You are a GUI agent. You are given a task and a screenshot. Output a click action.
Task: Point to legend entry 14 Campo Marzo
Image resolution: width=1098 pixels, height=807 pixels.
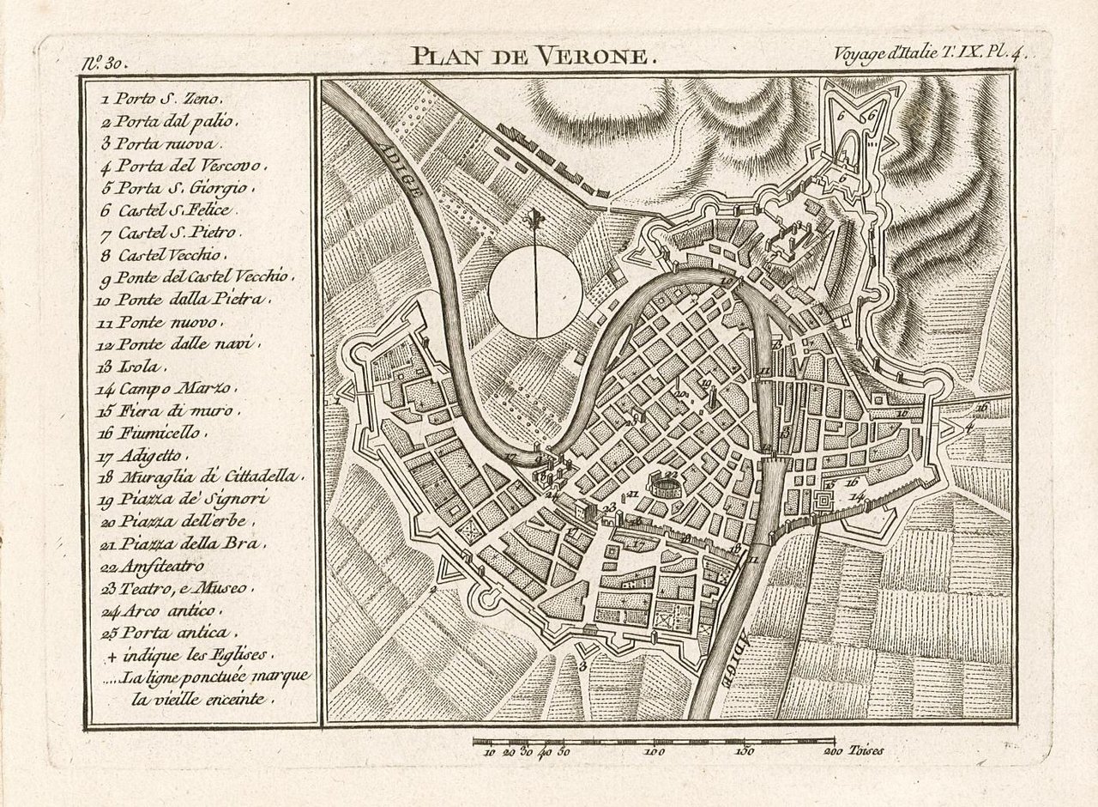[167, 388]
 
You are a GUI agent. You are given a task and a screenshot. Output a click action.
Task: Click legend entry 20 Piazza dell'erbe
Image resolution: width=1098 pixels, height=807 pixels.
[176, 521]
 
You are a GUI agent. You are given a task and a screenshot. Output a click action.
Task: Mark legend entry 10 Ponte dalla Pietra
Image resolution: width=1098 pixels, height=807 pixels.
[184, 300]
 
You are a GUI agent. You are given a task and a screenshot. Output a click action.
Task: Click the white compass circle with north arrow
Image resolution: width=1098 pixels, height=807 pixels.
[535, 292]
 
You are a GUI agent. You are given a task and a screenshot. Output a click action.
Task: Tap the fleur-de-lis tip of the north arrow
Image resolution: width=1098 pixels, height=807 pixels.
[535, 217]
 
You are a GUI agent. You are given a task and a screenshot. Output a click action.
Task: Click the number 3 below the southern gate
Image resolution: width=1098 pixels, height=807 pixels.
[583, 666]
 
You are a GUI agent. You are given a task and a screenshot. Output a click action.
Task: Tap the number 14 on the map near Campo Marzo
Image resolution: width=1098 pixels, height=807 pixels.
[856, 496]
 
